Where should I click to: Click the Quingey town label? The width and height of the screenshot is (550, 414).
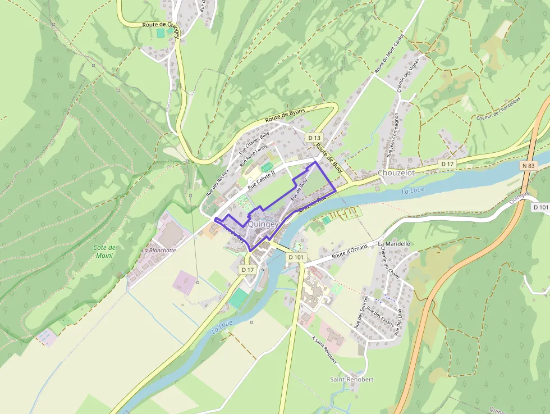coord(263,224)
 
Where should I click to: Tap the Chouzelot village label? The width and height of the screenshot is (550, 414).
coord(396,173)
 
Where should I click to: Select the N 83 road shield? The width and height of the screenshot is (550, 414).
coord(528,166)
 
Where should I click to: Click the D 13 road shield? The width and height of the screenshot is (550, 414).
coord(314,138)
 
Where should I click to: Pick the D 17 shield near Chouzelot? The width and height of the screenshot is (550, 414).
coord(447,163)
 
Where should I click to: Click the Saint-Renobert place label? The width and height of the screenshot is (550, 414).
coord(351,379)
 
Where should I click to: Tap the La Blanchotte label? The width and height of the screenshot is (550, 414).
coord(159,250)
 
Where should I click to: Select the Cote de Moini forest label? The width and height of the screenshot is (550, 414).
coord(104,251)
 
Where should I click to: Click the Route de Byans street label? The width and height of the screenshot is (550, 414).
coord(285,116)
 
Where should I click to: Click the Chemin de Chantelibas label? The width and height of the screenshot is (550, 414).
coord(499,111)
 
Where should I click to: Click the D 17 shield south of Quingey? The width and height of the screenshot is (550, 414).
coord(248,270)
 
